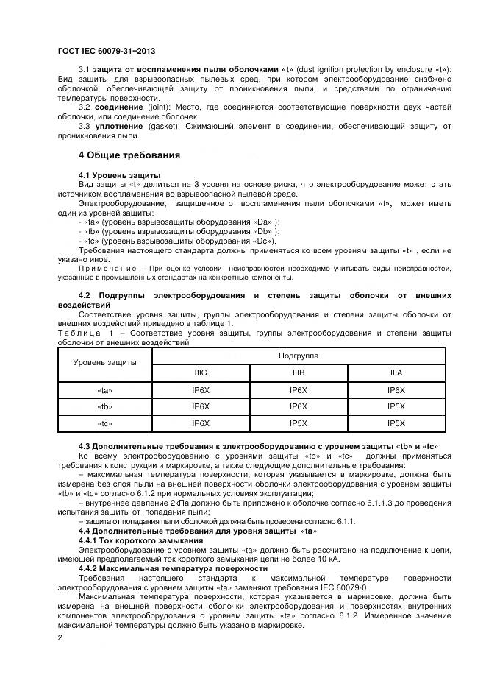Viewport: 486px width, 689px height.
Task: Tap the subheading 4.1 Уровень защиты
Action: point(119,174)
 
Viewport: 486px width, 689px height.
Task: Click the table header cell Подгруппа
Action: point(298,355)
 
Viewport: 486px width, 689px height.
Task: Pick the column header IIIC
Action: point(201,372)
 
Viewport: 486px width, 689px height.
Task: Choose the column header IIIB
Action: point(298,372)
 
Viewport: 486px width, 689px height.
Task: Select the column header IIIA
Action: point(396,372)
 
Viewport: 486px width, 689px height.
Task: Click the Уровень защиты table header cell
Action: point(104,364)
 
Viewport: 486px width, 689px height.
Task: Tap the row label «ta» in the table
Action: point(104,391)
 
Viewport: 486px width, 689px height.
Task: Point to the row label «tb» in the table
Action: point(104,407)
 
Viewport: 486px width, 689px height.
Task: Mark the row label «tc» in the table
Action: point(104,424)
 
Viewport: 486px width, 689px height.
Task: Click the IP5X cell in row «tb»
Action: point(396,407)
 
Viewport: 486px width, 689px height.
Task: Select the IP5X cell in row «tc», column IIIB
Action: point(298,424)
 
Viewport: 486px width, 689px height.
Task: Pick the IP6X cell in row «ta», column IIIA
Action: point(396,391)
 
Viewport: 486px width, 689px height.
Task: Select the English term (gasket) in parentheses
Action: point(165,127)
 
